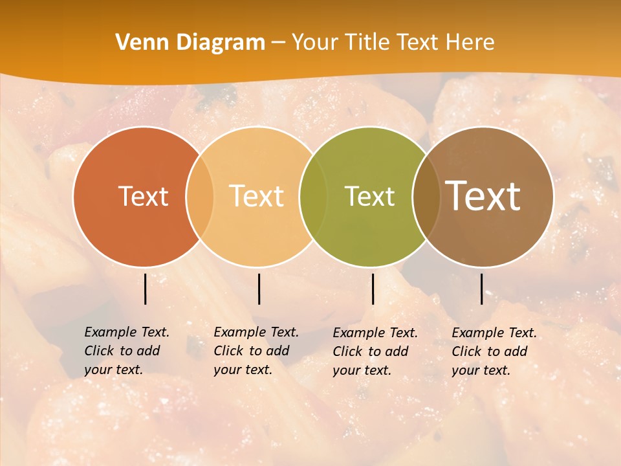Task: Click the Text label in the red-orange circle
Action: [x=144, y=196]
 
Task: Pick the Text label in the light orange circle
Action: [x=257, y=196]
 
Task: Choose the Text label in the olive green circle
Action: [x=369, y=196]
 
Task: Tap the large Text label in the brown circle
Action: [x=483, y=196]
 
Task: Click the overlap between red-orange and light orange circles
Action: [x=200, y=196]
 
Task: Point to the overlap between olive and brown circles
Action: [x=426, y=196]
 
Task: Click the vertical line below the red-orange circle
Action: [x=146, y=289]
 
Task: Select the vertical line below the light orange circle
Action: [x=259, y=289]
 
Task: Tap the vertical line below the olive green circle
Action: [x=373, y=289]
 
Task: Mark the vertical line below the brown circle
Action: [x=482, y=289]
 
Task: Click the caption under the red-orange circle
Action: [x=127, y=351]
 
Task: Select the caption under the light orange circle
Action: [x=256, y=351]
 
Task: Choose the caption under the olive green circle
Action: [x=375, y=351]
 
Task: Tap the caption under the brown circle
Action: [x=494, y=351]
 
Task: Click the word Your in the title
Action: [x=314, y=43]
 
